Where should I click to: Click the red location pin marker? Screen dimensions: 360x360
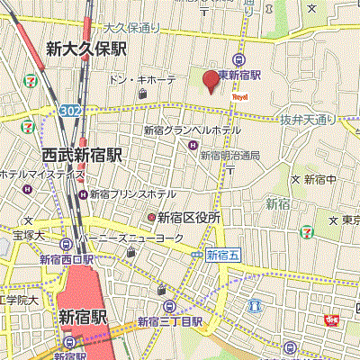209,81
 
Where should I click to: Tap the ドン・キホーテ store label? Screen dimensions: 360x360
142,81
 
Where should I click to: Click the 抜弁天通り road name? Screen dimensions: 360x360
306,119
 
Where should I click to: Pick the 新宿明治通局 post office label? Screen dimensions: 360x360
229,155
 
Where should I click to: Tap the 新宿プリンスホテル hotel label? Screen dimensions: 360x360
131,193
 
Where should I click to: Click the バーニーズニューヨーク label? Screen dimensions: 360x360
134,238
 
